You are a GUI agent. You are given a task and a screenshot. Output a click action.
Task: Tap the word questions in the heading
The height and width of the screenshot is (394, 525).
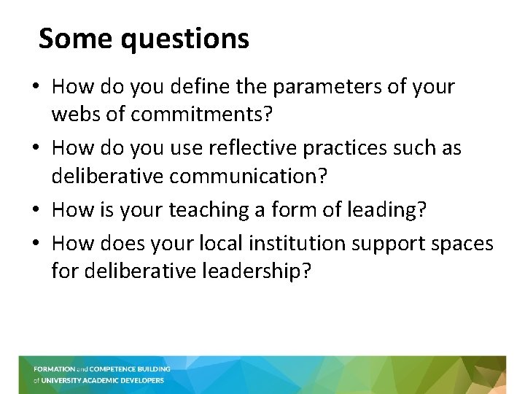[184, 39]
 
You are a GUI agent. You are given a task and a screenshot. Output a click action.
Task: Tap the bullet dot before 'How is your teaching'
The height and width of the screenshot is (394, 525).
[36, 211]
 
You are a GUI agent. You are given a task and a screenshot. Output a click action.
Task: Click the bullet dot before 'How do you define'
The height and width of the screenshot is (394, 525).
[36, 88]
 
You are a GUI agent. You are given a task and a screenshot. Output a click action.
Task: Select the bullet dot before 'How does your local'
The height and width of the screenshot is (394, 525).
[36, 244]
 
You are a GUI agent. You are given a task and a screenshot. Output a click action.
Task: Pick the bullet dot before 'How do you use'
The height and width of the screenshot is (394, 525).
[36, 149]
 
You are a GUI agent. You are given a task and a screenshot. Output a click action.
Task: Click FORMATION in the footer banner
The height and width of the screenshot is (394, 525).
[54, 369]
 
